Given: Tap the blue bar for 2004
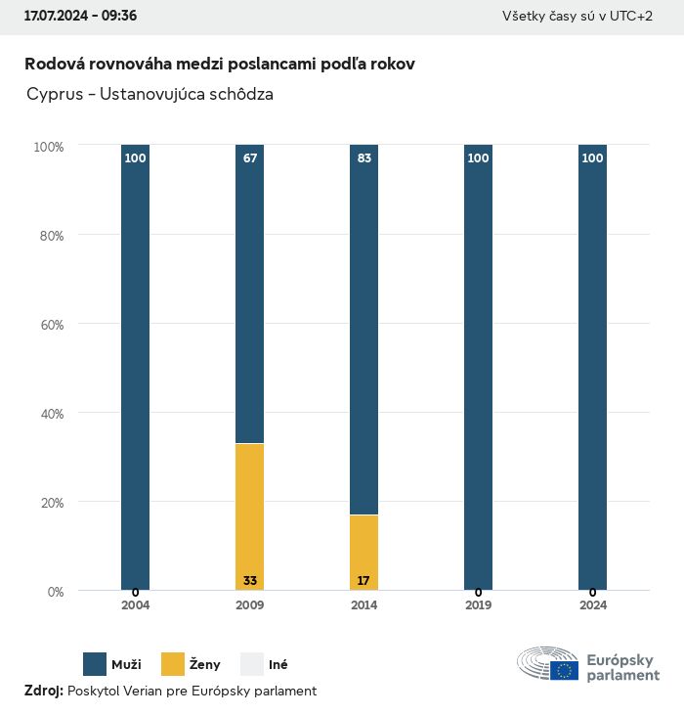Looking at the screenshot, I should [x=135, y=372].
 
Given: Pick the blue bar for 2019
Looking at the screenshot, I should [x=478, y=372].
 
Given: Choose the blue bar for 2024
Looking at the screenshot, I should [x=592, y=372].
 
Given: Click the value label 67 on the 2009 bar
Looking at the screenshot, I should [x=250, y=157].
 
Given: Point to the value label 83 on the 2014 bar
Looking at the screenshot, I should [x=364, y=157].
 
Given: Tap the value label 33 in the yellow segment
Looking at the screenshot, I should [x=250, y=581].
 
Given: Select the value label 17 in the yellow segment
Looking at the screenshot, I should [x=363, y=581].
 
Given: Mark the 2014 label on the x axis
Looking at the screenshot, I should [x=363, y=605].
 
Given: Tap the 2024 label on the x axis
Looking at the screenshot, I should [x=592, y=605].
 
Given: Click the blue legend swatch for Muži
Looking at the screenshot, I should [x=95, y=664].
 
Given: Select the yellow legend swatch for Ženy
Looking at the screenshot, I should [x=173, y=664].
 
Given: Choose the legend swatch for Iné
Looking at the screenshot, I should [x=252, y=664].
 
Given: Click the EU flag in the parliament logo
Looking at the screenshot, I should [x=564, y=670].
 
